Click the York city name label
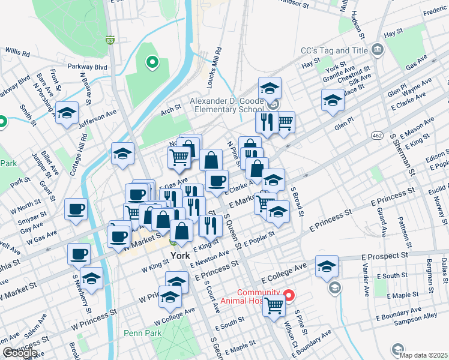tap(180, 255)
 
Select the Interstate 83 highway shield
tap(109, 41)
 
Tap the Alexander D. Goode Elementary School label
tap(227, 105)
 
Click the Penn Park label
tap(140, 333)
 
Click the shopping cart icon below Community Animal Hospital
tap(274, 306)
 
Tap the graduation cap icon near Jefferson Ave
tap(67, 112)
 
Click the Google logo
tap(19, 353)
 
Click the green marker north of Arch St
tap(152, 61)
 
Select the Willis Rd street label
tap(17, 52)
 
